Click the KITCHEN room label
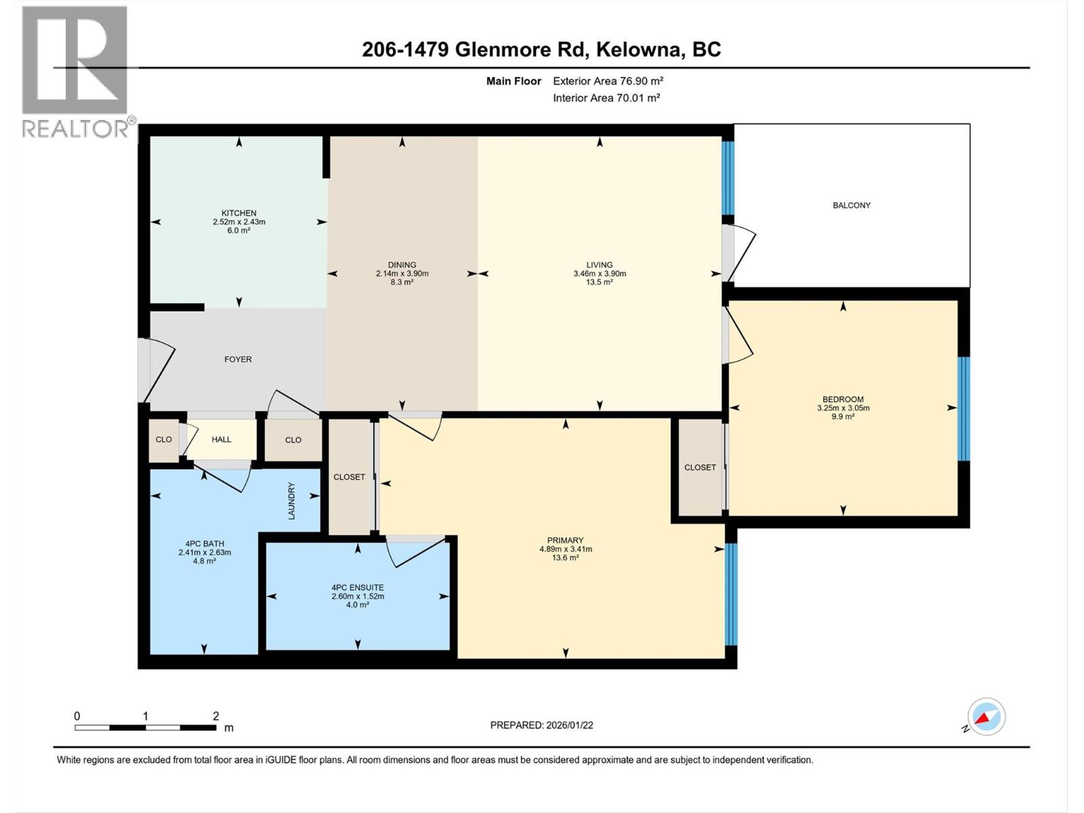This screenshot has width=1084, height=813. pos(238,213)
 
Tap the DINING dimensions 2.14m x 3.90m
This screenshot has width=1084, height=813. pos(402,274)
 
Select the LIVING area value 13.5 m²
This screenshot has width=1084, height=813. pos(599,283)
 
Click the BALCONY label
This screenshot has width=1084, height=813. pos(851,205)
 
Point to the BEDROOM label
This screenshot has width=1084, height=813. pos(843,399)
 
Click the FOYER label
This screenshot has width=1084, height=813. pos(238,360)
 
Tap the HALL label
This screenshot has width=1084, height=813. pos(221,440)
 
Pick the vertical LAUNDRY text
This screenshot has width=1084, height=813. pos(292,501)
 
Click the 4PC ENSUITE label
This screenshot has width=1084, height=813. pos(357,587)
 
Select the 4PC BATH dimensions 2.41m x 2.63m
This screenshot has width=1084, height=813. pos(205,552)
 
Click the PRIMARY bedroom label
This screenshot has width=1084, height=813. pos(565,540)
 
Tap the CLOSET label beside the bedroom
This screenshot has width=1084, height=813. pos(700,467)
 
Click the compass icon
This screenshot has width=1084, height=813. pos(986,717)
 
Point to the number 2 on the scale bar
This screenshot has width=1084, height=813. pos(215,716)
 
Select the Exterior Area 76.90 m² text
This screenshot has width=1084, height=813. pos(608,81)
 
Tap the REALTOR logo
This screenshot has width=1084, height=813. pos(76,71)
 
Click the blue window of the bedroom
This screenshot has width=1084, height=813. pos(963,409)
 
